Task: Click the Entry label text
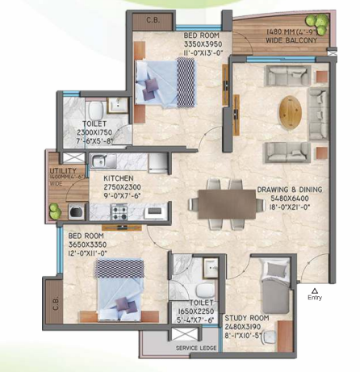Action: point(315,297)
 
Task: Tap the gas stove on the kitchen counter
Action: point(120,212)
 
